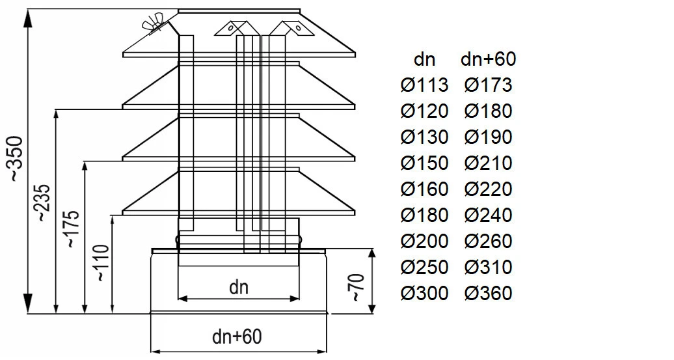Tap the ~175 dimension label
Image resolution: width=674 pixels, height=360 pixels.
(71, 229)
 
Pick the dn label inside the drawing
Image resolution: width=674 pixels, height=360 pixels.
(239, 287)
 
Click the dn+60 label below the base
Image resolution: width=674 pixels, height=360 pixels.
(237, 337)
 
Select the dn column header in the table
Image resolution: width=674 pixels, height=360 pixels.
(424, 59)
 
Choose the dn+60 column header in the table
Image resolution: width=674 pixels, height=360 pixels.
(488, 59)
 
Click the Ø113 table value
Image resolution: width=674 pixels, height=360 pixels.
(424, 85)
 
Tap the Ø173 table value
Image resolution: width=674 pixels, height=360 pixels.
(488, 85)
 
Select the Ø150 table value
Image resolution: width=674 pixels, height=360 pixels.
(424, 163)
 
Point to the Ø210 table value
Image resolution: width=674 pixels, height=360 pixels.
(488, 163)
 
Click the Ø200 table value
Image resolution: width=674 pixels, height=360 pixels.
(424, 242)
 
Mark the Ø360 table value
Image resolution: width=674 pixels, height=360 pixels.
(488, 294)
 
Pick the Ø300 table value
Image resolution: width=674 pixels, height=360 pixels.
(424, 294)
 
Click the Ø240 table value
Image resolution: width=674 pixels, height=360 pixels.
(488, 215)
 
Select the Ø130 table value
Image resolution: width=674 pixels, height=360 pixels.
(424, 137)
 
